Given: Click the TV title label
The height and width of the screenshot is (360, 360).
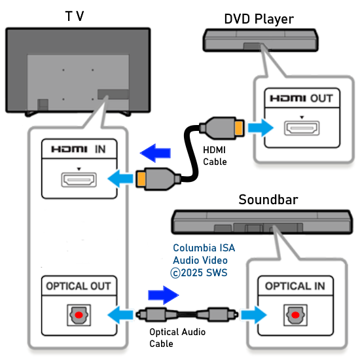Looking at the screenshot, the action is (75, 16).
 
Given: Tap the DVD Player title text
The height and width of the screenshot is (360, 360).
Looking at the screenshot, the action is (259, 19).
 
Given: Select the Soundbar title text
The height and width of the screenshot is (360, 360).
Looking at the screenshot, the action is (268, 199).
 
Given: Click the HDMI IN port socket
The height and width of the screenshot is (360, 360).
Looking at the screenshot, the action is (79, 179).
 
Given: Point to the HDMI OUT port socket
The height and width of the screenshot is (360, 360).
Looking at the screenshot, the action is (302, 128).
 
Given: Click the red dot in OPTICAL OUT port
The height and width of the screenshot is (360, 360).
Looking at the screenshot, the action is (79, 315).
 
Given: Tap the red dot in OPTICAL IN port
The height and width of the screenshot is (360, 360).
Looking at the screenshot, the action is (295, 315).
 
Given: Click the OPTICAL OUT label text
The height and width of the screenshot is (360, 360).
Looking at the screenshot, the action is (79, 286).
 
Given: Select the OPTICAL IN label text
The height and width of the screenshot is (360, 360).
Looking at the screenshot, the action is (295, 286).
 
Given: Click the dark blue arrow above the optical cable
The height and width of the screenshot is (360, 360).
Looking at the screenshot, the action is (164, 295).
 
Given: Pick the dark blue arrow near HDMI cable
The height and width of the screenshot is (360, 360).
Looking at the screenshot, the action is (155, 153).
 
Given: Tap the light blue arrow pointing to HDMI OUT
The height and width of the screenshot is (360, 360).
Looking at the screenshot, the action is (261, 128).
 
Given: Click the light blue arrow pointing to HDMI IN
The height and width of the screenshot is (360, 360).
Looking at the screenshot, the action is (120, 179).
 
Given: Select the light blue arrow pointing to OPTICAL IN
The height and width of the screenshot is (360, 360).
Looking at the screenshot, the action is (254, 315).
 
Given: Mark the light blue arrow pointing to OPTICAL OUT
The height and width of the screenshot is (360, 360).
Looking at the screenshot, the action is (120, 315).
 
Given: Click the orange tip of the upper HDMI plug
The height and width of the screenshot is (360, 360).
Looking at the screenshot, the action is (239, 128).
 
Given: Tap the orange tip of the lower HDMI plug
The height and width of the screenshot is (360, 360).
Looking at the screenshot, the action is (141, 179).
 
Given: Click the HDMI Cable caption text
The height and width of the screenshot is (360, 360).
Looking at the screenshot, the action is (215, 156).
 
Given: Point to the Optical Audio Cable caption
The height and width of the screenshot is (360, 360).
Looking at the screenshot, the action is (177, 338).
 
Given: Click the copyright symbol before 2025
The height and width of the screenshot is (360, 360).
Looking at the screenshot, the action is (175, 273).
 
